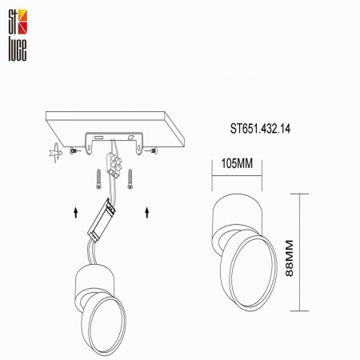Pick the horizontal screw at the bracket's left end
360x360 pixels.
pos(74,150)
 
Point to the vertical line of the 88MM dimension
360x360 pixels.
pos(300,252)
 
